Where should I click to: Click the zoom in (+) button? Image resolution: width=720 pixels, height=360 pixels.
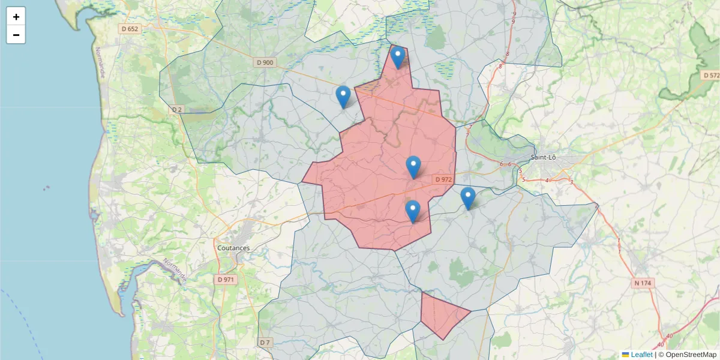(x=16, y=17)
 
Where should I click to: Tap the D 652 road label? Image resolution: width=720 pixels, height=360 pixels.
(x=130, y=29)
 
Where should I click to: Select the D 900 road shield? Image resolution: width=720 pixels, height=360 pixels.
(x=265, y=62)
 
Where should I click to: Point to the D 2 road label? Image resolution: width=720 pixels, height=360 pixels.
(x=176, y=110)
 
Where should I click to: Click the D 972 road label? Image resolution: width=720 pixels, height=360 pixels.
(x=443, y=179)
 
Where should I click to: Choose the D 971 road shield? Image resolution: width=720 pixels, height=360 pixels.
(x=226, y=280)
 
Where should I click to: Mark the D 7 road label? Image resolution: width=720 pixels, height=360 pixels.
(x=265, y=343)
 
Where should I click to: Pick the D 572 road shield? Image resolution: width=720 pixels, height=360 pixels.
(x=710, y=76)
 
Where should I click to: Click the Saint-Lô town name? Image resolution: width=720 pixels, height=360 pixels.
(x=543, y=158)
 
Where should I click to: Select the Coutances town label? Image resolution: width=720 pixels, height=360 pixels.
(x=233, y=248)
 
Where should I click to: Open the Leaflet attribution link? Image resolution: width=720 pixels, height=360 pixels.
(x=641, y=355)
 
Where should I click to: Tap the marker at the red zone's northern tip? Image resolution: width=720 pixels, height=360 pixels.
(x=398, y=58)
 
